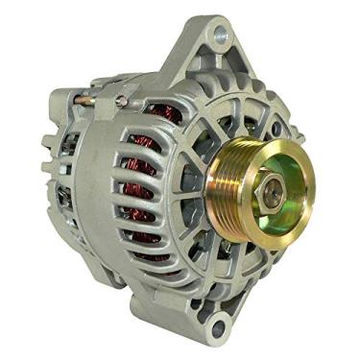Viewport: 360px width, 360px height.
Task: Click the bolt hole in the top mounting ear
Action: click(221, 36)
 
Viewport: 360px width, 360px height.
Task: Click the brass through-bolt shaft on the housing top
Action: click(96, 95)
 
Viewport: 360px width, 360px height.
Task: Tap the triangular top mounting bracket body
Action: click(197, 58)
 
